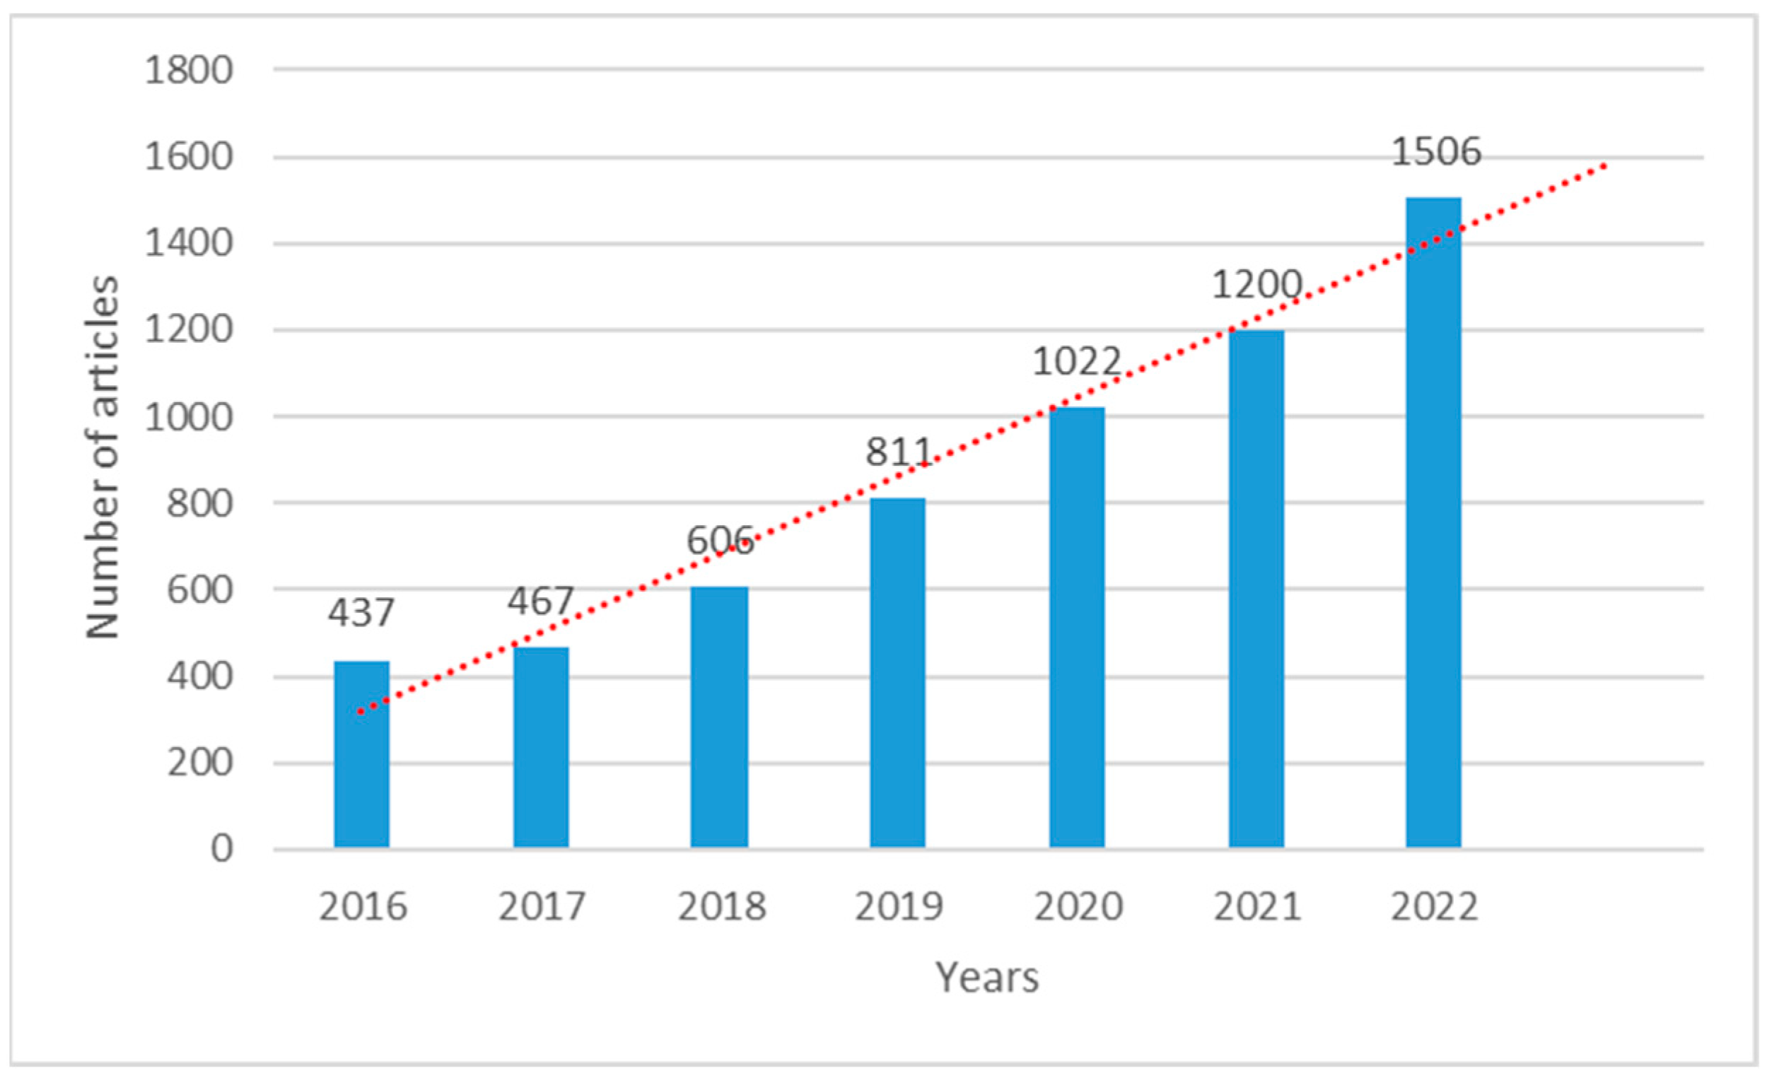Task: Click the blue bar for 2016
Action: [x=362, y=755]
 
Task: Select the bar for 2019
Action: [x=897, y=673]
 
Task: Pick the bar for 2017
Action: [x=541, y=748]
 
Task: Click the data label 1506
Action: [x=1436, y=153]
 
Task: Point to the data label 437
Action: [x=361, y=614]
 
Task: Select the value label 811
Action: [x=898, y=453]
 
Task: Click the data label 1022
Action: [x=1077, y=362]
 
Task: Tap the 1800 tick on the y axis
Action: [x=189, y=71]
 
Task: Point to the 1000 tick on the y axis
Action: [x=189, y=418]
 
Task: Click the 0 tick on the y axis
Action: [x=221, y=850]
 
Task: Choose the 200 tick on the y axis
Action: [x=200, y=763]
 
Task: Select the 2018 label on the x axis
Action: [x=721, y=907]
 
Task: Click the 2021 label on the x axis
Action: [x=1257, y=907]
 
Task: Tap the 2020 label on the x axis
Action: [x=1078, y=907]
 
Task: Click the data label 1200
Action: [x=1257, y=286]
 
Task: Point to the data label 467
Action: [x=541, y=601]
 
